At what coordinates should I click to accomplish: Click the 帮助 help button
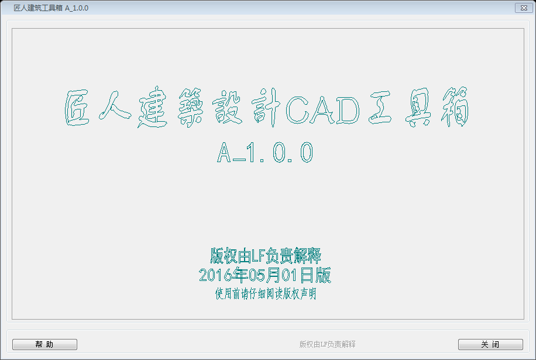[x=44, y=344]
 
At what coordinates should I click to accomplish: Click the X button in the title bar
[x=524, y=8]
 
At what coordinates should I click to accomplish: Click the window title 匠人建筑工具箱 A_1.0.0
[x=51, y=8]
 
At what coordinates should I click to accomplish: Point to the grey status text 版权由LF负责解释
[x=327, y=344]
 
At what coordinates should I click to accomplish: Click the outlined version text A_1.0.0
[x=265, y=152]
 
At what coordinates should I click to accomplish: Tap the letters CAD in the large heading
[x=322, y=109]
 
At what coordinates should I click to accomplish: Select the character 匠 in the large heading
[x=78, y=108]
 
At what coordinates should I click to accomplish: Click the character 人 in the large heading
[x=115, y=105]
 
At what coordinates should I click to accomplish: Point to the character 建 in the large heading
[x=153, y=107]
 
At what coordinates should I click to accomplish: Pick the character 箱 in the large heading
[x=455, y=107]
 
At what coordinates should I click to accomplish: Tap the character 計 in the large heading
[x=266, y=108]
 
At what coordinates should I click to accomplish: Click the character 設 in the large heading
[x=227, y=107]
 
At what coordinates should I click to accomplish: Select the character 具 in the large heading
[x=418, y=107]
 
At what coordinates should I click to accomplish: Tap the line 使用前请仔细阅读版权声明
[x=266, y=294]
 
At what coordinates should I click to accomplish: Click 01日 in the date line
[x=298, y=275]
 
